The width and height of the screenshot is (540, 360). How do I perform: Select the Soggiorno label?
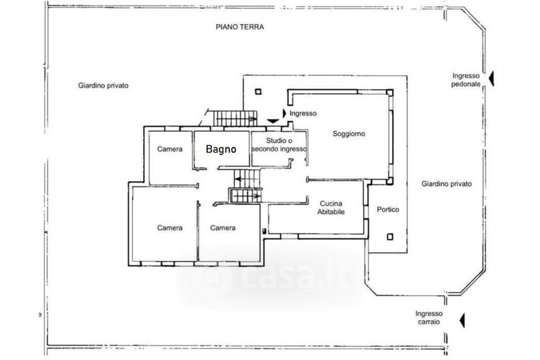(x=349, y=134)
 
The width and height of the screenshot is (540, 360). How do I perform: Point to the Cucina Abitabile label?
(x=331, y=207)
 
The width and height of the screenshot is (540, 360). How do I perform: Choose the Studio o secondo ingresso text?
(x=279, y=144)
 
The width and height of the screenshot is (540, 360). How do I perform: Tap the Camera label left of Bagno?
(x=170, y=149)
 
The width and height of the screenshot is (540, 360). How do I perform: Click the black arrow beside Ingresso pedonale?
(x=492, y=79)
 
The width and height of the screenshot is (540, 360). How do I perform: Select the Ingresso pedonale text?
(x=466, y=80)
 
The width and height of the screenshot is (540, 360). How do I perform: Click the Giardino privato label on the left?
(x=103, y=86)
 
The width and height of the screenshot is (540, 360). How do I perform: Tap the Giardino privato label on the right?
(x=446, y=184)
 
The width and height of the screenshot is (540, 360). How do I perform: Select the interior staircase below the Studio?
(x=246, y=187)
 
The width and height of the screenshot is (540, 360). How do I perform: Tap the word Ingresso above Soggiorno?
(x=303, y=113)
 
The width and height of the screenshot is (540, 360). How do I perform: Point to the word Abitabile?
(x=331, y=211)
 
